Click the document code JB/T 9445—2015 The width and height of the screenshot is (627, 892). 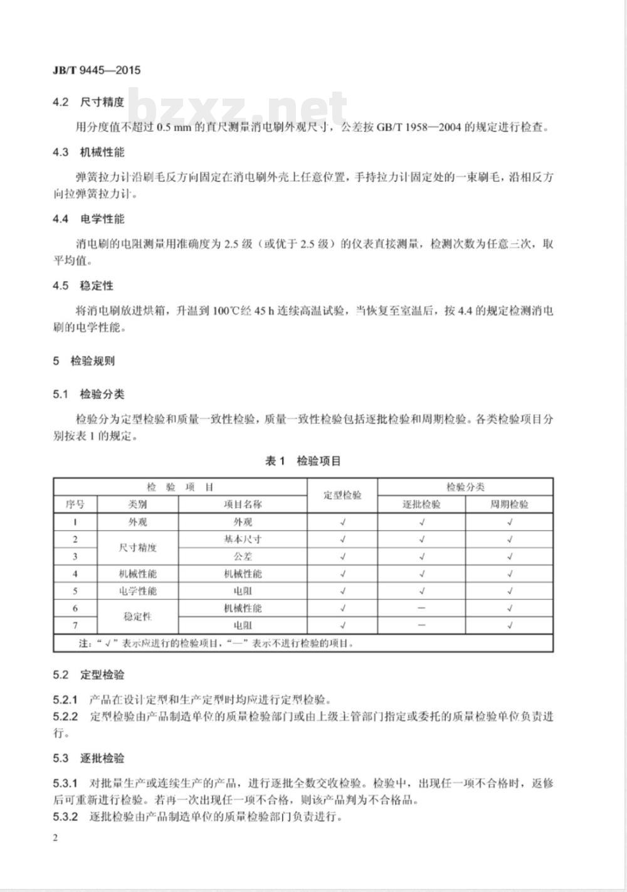pos(97,70)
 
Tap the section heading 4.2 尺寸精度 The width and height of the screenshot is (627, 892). pos(88,102)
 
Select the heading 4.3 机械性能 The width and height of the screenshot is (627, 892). pos(88,152)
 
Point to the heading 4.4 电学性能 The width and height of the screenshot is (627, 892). pos(88,219)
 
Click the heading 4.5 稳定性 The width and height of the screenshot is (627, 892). pos(83,285)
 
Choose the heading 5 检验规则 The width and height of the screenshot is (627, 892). pos(83,361)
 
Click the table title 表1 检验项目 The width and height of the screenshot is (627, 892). pos(303,461)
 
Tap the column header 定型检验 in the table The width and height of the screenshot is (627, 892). pos(342,495)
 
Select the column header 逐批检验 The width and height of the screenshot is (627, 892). pos(421,504)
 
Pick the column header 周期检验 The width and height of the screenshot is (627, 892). pos(509,504)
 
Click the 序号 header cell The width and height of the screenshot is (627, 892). pos(75,504)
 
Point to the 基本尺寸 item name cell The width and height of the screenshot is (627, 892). pos(243,539)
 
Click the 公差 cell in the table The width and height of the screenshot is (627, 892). pos(243,556)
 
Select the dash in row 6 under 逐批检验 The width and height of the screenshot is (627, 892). pos(421,608)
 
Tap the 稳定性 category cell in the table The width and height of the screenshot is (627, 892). pos(138,617)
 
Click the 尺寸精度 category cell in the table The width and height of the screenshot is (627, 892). pos(138,548)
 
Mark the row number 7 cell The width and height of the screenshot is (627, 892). pos(75,625)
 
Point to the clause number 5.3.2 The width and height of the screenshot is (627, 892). pos(65,817)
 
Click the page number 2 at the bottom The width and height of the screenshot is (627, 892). pos(56,839)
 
